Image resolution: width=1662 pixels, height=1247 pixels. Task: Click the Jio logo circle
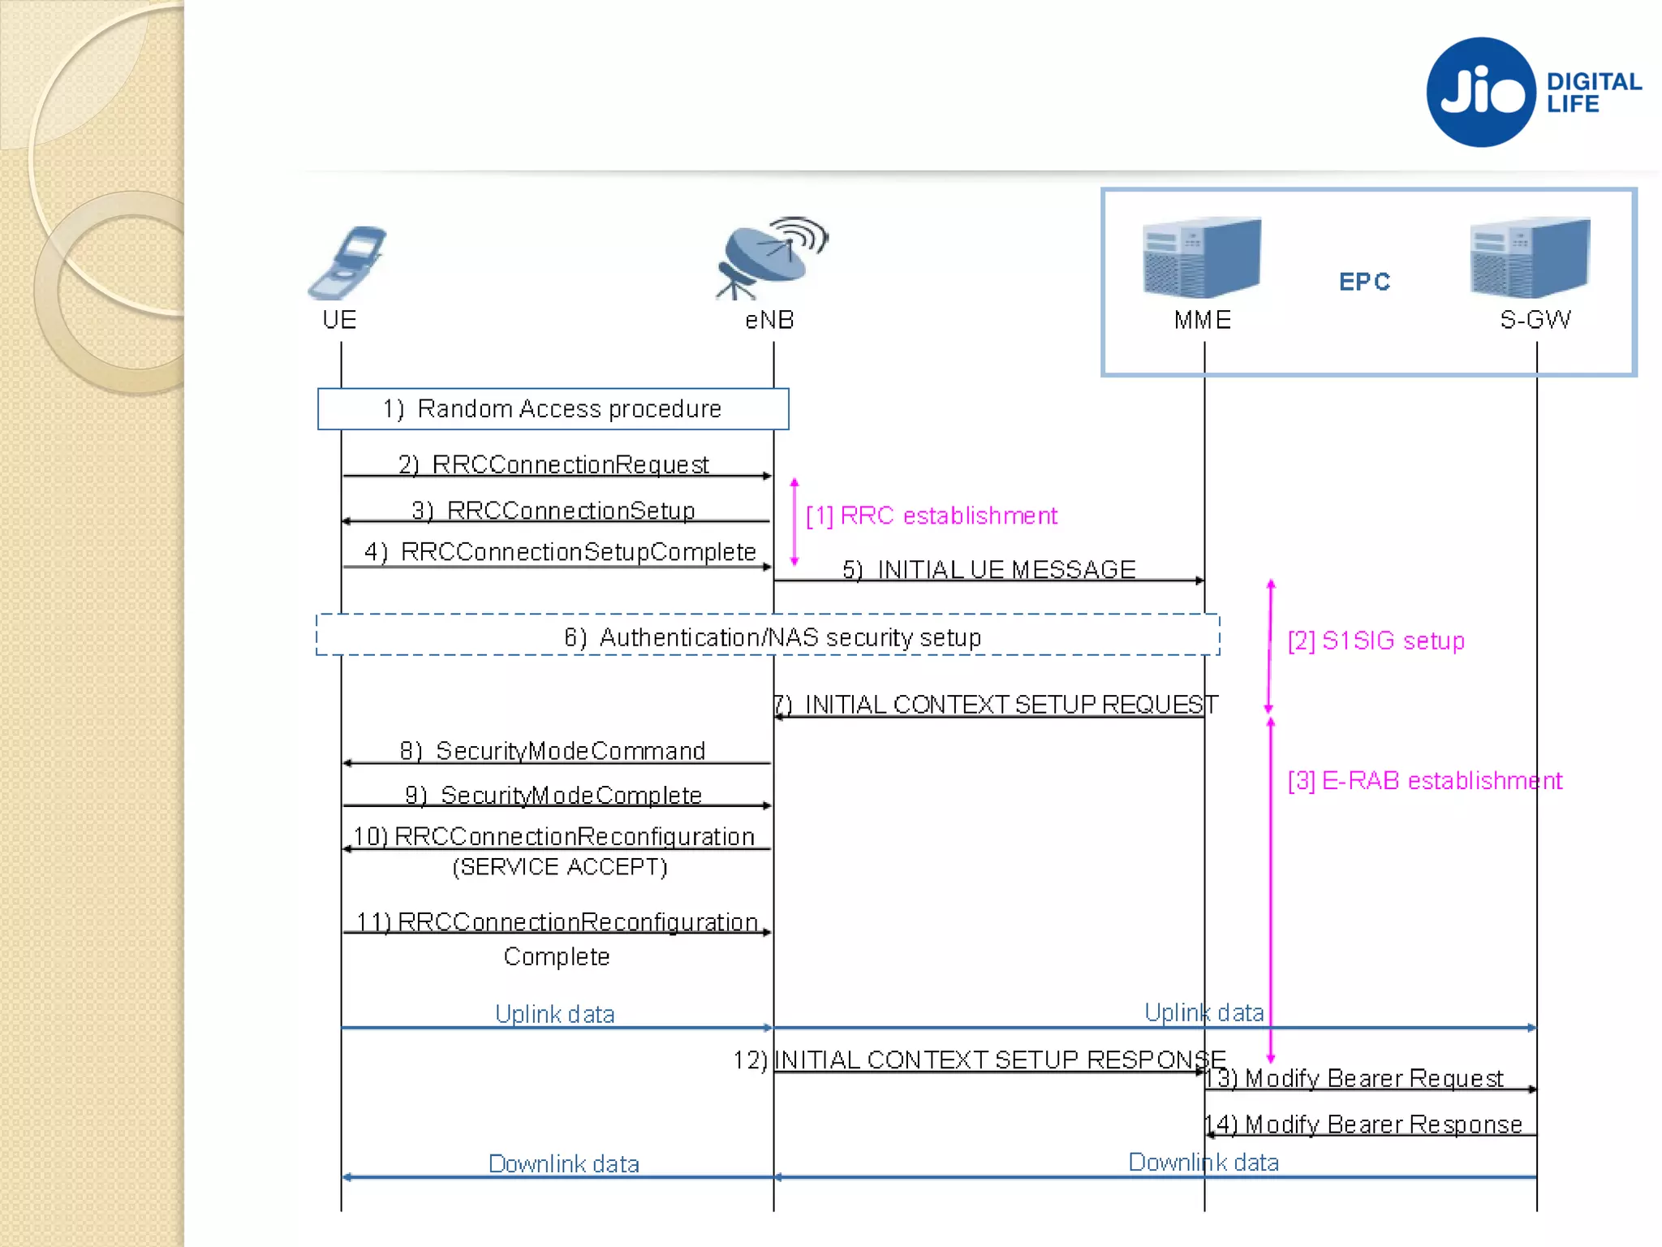click(1481, 92)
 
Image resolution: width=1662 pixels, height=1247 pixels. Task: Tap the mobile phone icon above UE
click(347, 261)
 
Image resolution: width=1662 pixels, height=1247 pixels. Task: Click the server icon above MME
click(1201, 257)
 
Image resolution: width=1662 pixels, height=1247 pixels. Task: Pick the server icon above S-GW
click(1530, 257)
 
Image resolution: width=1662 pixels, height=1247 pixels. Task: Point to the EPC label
click(1364, 282)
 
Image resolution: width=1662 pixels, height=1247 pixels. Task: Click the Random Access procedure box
click(553, 408)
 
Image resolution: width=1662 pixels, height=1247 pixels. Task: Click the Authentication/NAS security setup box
click(768, 636)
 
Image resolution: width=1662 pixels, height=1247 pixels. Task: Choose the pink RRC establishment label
click(932, 516)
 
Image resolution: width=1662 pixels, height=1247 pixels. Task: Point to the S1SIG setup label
click(1376, 641)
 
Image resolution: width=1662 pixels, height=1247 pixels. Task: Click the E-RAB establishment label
click(1424, 780)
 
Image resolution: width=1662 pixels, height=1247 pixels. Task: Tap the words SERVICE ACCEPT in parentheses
click(560, 867)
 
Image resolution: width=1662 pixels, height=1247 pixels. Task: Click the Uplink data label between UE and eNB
click(555, 1013)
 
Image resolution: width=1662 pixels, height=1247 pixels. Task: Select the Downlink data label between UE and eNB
click(563, 1163)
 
